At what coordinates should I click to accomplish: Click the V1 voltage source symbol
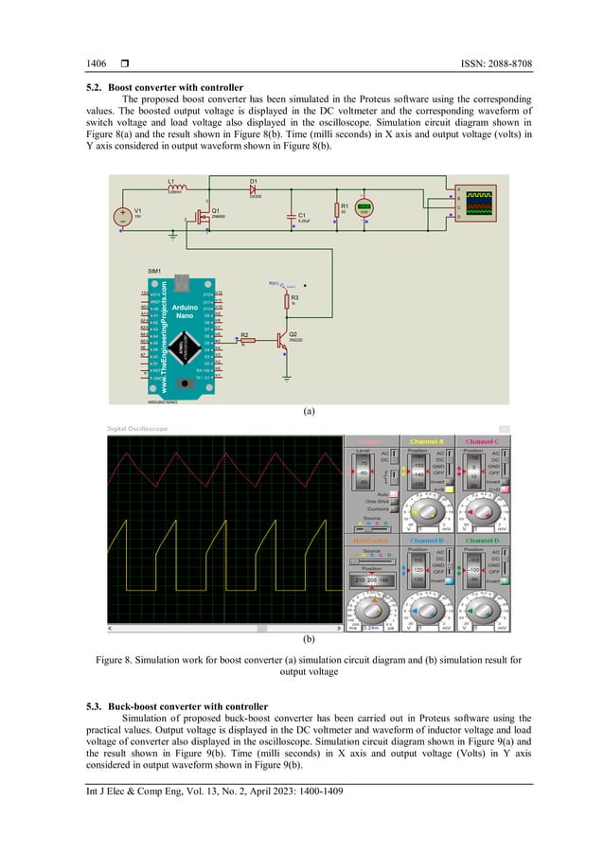pyautogui.click(x=123, y=215)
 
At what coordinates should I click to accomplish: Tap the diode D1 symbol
pyautogui.click(x=254, y=187)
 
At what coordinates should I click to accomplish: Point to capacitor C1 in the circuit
pyautogui.click(x=292, y=216)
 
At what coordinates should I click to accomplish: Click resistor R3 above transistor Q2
pyautogui.click(x=287, y=300)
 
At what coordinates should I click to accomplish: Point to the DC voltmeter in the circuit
pyautogui.click(x=364, y=207)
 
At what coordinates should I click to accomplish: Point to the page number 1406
pyautogui.click(x=96, y=63)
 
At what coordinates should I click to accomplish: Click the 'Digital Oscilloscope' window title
pyautogui.click(x=140, y=428)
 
